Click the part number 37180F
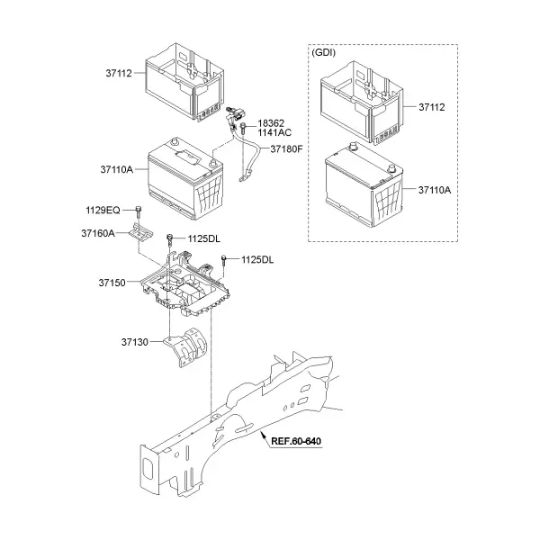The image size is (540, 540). click(x=286, y=149)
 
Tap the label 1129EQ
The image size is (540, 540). click(x=103, y=210)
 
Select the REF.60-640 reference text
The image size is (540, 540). click(x=296, y=441)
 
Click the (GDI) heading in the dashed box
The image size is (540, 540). click(x=323, y=53)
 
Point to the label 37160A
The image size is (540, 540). click(x=98, y=233)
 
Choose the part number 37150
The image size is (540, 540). click(x=112, y=283)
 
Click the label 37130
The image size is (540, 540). click(x=134, y=342)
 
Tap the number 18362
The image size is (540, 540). click(x=271, y=123)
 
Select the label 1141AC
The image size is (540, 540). click(x=274, y=132)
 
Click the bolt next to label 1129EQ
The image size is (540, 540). click(x=139, y=211)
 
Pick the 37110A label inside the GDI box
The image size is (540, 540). click(x=435, y=190)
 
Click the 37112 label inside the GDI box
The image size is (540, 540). click(x=431, y=107)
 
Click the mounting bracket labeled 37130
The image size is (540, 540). click(x=186, y=347)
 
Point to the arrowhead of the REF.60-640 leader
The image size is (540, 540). click(x=263, y=433)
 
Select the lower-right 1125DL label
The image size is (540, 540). click(x=257, y=260)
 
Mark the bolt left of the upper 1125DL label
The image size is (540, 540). click(x=169, y=239)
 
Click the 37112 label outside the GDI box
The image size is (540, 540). click(x=119, y=74)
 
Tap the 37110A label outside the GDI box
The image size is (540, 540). click(x=116, y=169)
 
